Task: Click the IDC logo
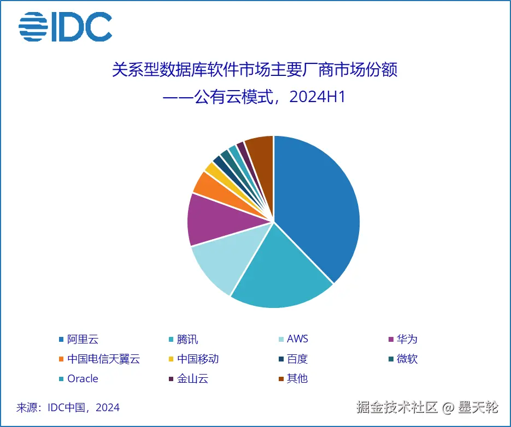click(x=65, y=26)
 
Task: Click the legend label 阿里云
click(x=83, y=339)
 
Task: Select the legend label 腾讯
click(x=187, y=339)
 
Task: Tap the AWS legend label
click(x=297, y=339)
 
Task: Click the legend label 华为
click(x=407, y=339)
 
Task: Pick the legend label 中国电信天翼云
click(x=103, y=359)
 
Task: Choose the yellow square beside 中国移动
click(x=171, y=359)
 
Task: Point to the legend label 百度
click(x=297, y=359)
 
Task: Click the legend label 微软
click(x=407, y=359)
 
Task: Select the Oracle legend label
click(x=83, y=378)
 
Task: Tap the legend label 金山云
click(x=192, y=378)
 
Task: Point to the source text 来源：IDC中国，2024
click(x=68, y=407)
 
